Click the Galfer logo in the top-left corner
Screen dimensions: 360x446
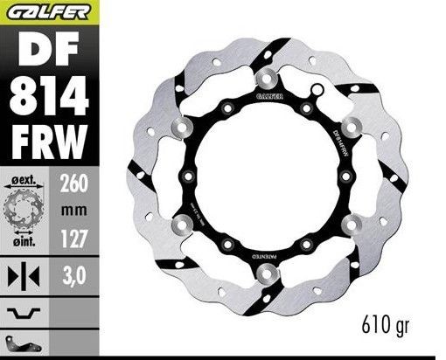(45, 10)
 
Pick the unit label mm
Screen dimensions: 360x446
(72, 210)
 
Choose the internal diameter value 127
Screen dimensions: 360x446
(72, 234)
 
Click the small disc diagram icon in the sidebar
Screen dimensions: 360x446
(22, 209)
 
